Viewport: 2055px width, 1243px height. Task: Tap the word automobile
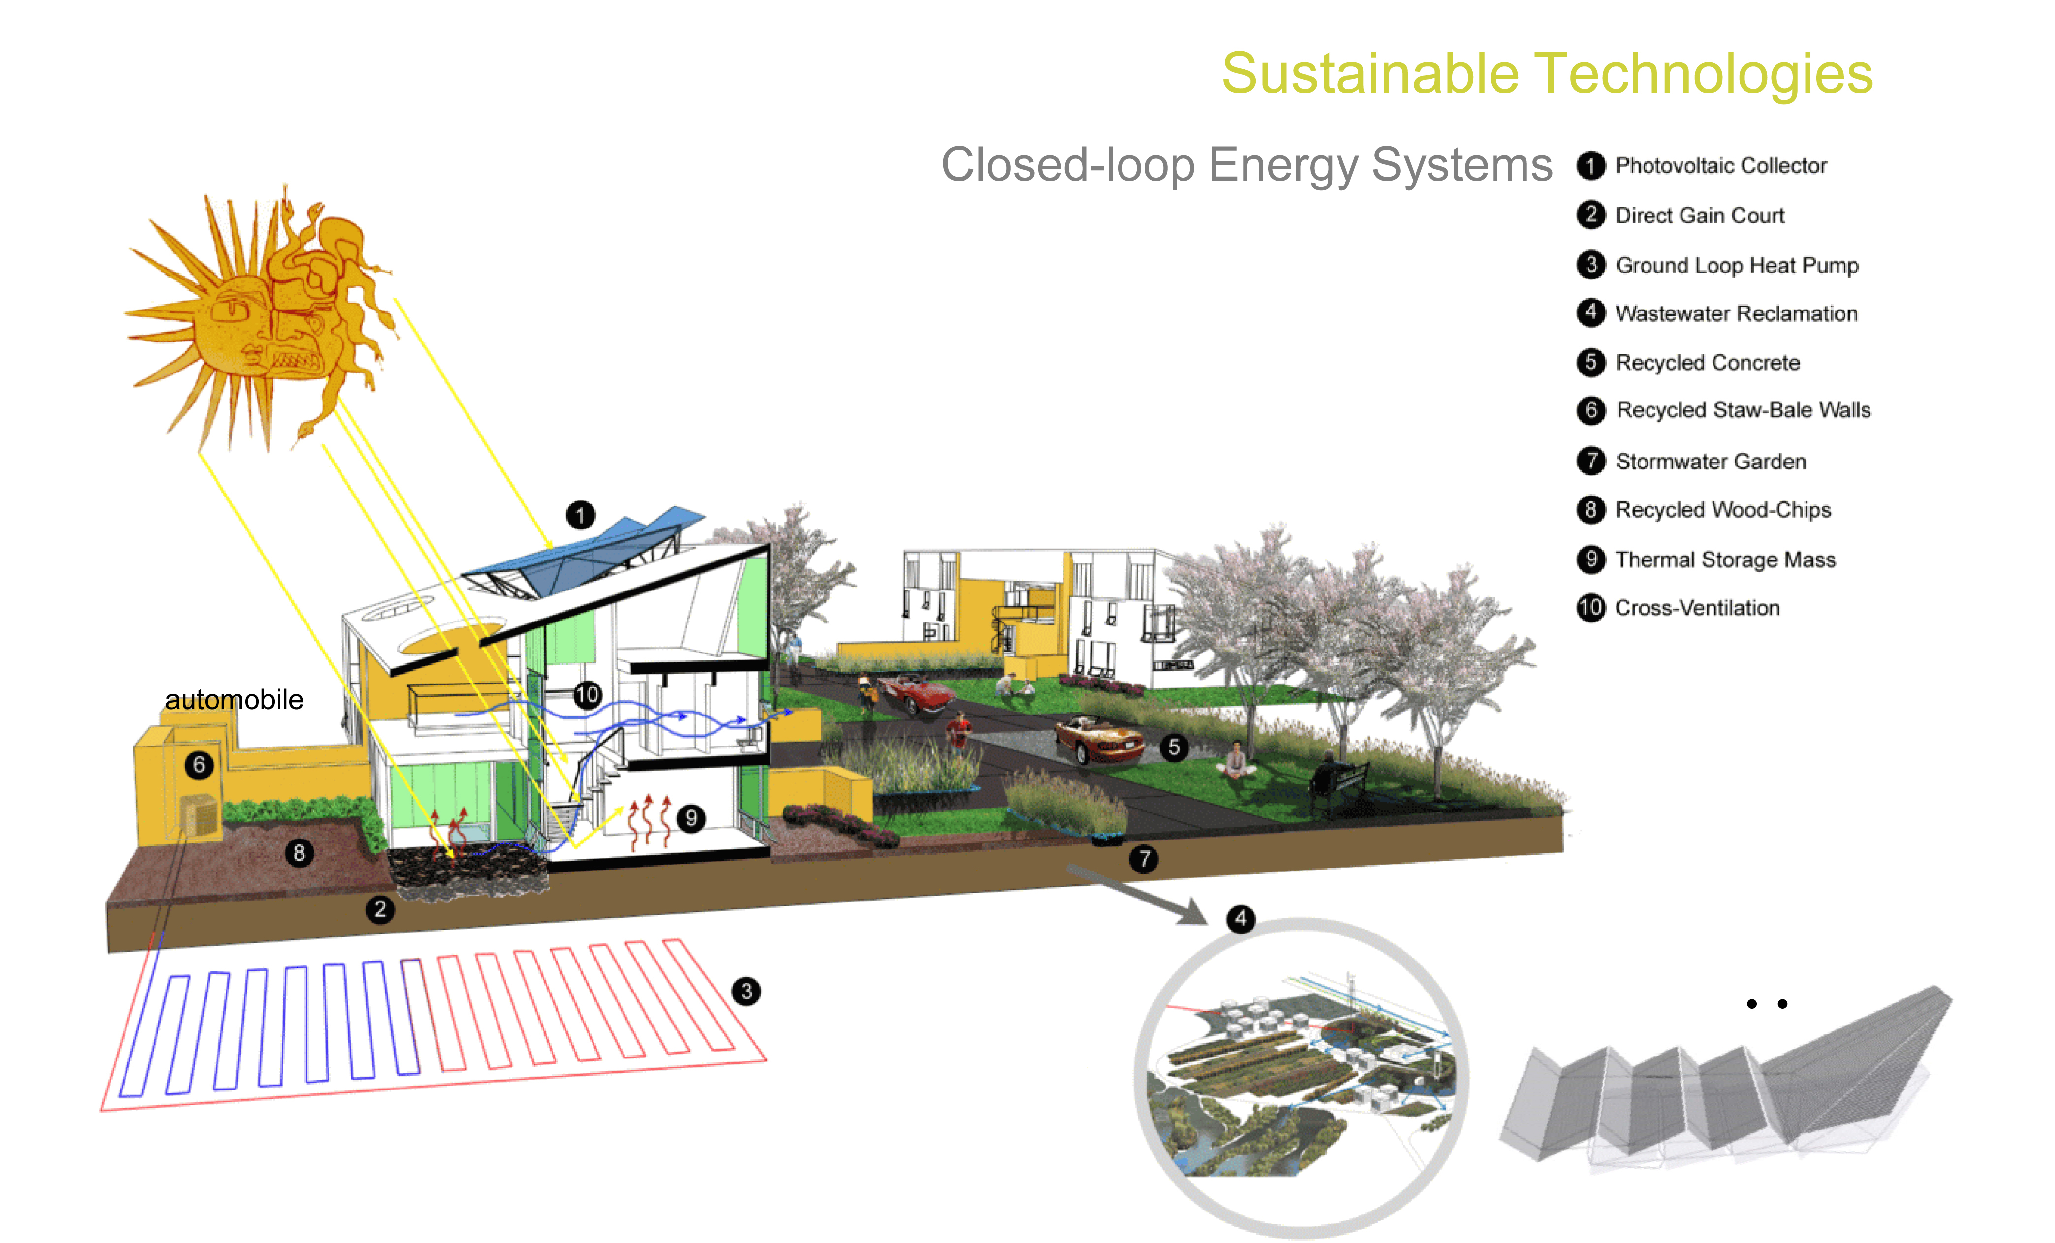coord(234,699)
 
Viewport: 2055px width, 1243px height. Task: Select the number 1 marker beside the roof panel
coord(581,515)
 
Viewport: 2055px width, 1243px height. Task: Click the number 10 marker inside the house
coord(587,694)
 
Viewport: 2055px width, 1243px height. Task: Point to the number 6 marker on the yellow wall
coord(198,764)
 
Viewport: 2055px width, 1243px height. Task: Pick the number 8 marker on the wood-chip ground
coord(299,853)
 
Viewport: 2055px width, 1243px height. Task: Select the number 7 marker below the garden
coord(1144,858)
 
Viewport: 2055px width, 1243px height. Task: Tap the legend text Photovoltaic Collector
coord(1720,165)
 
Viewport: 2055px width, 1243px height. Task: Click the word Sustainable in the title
coord(1370,73)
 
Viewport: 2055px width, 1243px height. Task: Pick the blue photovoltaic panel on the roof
coord(584,555)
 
